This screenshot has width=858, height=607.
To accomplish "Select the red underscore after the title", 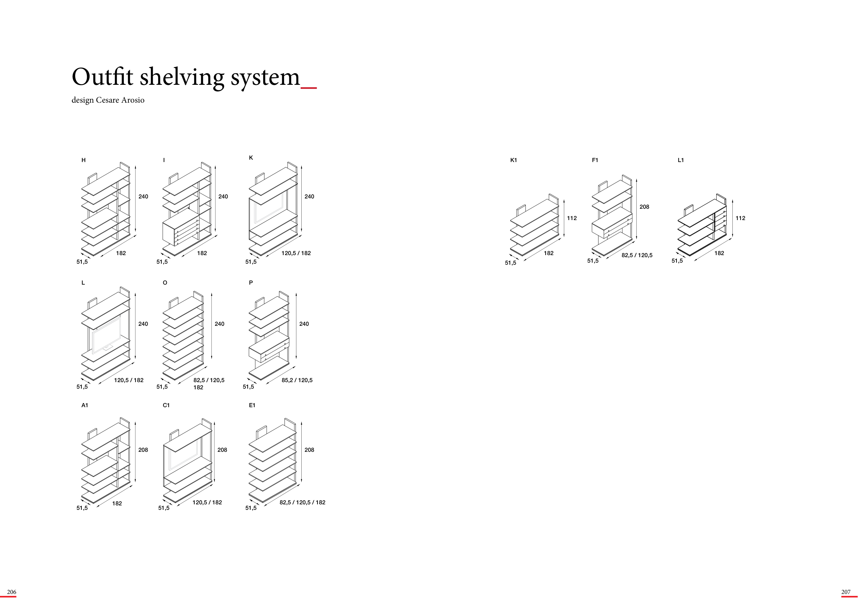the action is [309, 88].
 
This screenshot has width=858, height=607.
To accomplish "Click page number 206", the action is [12, 592].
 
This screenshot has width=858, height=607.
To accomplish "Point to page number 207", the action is [846, 592].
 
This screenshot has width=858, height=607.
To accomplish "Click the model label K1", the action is [513, 160].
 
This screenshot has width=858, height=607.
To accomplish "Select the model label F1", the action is [595, 160].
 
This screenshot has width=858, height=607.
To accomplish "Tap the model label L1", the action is [681, 160].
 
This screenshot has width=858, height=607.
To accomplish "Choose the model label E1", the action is [252, 405].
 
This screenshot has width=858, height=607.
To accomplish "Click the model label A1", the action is [85, 405].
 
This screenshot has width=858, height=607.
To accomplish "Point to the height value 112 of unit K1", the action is [572, 218].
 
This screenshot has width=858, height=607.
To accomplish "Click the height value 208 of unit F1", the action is [644, 207].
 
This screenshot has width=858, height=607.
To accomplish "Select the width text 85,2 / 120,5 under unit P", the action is [297, 380].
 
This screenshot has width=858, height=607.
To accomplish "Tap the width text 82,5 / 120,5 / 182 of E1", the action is [302, 502].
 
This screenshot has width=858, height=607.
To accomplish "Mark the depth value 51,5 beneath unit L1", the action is [677, 261].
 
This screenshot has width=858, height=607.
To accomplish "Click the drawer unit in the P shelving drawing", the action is [269, 347].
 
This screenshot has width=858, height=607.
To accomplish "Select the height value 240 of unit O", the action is [219, 324].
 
